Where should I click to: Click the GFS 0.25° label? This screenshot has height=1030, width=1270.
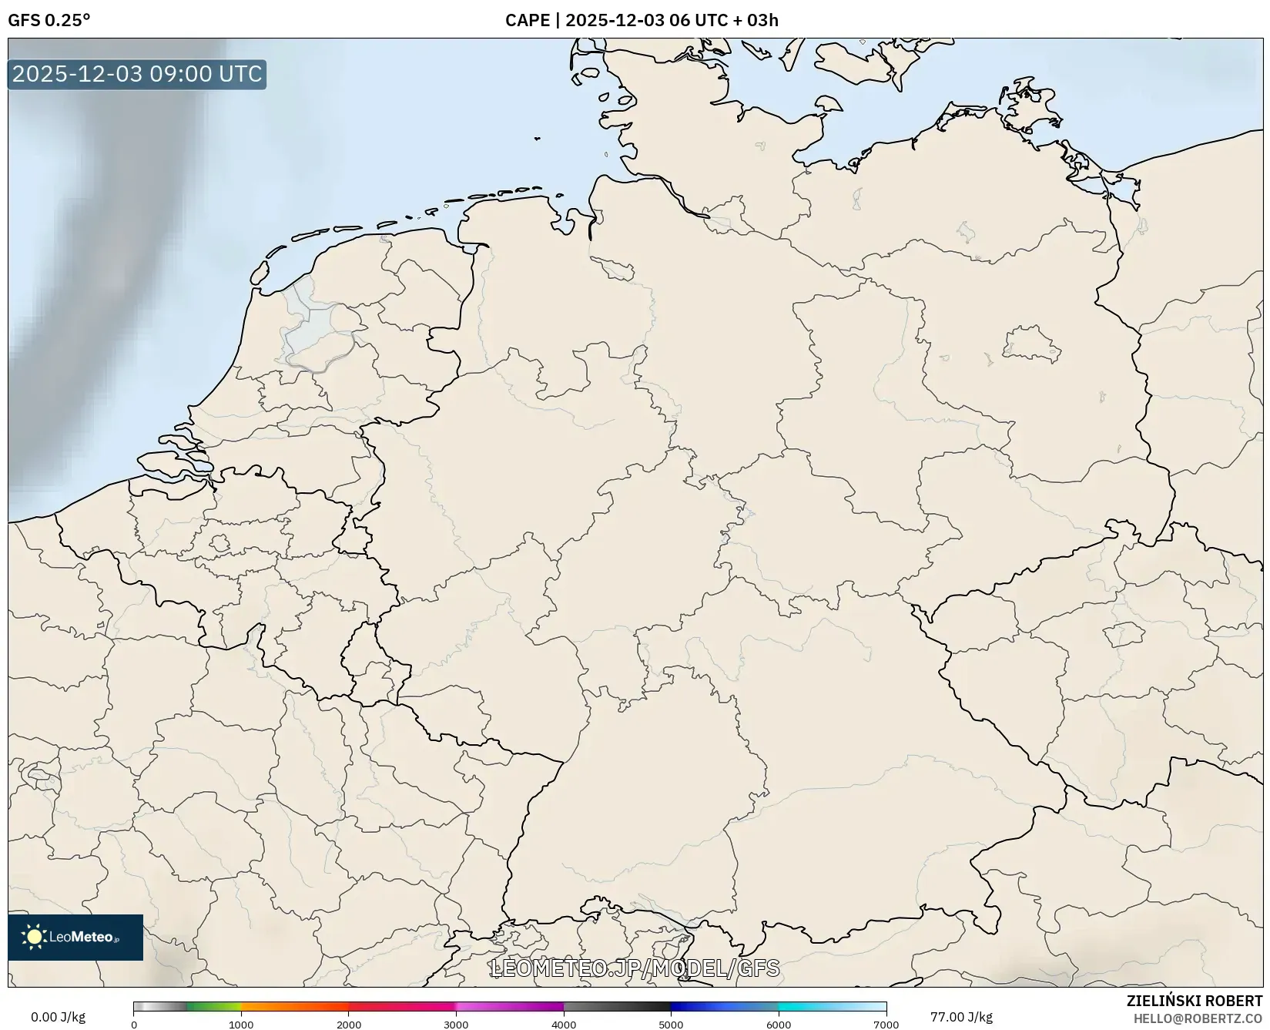pyautogui.click(x=49, y=20)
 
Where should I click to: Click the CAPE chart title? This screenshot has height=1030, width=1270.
pyautogui.click(x=642, y=20)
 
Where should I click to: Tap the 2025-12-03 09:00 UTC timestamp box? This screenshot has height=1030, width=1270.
pyautogui.click(x=137, y=74)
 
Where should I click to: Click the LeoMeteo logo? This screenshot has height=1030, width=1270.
pyautogui.click(x=75, y=937)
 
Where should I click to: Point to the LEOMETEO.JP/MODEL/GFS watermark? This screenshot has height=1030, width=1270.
pyautogui.click(x=635, y=968)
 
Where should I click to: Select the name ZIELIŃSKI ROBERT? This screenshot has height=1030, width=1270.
pyautogui.click(x=1195, y=1001)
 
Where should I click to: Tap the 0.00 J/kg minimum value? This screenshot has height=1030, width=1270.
pyautogui.click(x=59, y=1017)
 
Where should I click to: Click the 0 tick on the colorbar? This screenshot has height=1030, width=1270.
pyautogui.click(x=134, y=1025)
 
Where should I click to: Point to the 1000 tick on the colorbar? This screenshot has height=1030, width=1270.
pyautogui.click(x=241, y=1025)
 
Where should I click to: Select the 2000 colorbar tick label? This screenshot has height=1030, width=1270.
pyautogui.click(x=349, y=1025)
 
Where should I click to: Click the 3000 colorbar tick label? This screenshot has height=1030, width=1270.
pyautogui.click(x=456, y=1025)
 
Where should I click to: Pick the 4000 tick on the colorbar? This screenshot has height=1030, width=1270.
pyautogui.click(x=564, y=1025)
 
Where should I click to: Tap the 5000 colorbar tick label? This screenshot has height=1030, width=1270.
pyautogui.click(x=671, y=1025)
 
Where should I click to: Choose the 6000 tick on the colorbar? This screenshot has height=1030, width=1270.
pyautogui.click(x=779, y=1025)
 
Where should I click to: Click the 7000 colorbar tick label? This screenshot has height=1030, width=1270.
pyautogui.click(x=886, y=1025)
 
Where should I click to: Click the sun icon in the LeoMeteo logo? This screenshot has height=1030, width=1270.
pyautogui.click(x=35, y=937)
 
